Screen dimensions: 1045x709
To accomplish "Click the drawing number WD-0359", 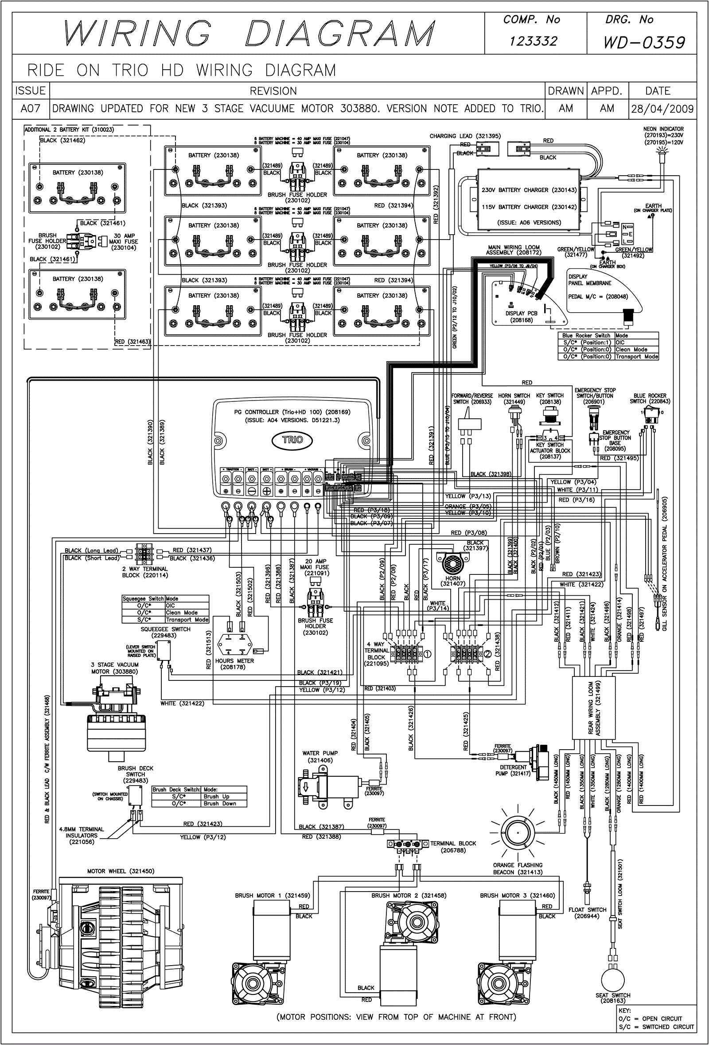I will pos(644,42).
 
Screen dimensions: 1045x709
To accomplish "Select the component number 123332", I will pos(533,41).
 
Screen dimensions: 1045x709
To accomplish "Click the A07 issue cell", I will pos(31,109).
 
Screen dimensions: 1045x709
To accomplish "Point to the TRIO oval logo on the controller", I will pos(292,440).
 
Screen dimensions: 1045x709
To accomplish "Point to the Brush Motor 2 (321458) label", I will pos(409,895).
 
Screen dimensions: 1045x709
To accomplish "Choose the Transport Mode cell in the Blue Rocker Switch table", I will pos(636,357).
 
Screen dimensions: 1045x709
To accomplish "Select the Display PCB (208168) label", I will pos(521,317).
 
